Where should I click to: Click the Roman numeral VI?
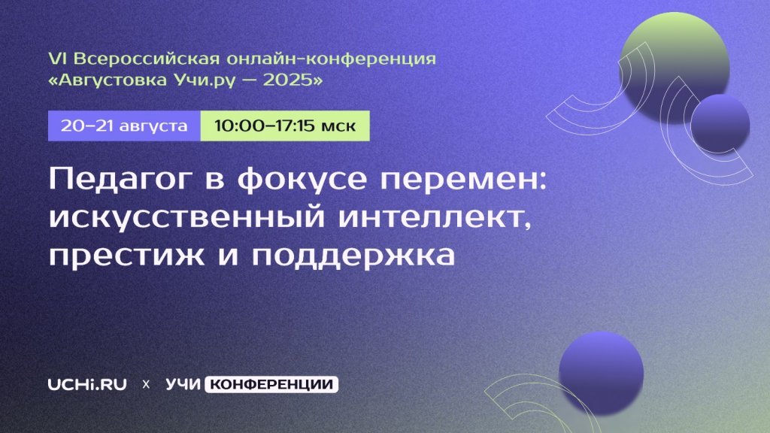[59, 59]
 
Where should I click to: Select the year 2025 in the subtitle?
[287, 80]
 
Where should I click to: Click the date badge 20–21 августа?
[124, 126]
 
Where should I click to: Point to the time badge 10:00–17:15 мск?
[285, 126]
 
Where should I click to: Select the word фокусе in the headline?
[302, 180]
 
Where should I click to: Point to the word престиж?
[126, 256]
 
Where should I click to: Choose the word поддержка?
[353, 256]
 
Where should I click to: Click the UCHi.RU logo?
[87, 384]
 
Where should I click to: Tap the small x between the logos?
[146, 384]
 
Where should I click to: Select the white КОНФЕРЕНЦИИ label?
[271, 384]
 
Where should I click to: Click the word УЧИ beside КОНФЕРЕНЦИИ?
[183, 384]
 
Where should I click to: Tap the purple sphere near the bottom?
[601, 373]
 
